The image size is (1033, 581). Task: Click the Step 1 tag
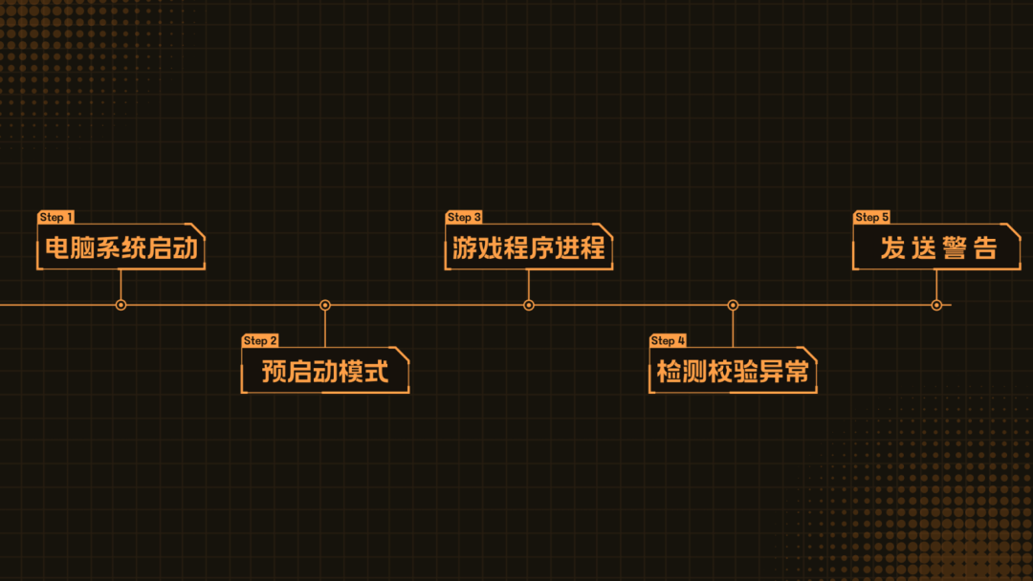click(x=56, y=218)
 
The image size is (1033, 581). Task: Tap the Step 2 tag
click(x=260, y=341)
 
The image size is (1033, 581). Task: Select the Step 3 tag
click(x=464, y=218)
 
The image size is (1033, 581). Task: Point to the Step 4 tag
click(x=668, y=341)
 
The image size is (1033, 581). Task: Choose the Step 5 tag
click(x=871, y=218)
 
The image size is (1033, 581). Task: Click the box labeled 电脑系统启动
click(x=121, y=248)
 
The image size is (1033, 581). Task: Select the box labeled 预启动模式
click(x=325, y=371)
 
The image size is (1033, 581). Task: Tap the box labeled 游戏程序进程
click(x=529, y=248)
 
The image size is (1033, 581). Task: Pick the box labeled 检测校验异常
click(x=733, y=371)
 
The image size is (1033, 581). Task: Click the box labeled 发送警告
click(x=936, y=248)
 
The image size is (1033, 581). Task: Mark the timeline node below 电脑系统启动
click(x=121, y=305)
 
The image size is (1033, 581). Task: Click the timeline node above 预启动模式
click(x=325, y=305)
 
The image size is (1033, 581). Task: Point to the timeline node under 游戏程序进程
click(x=529, y=305)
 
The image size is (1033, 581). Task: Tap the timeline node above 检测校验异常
click(x=733, y=305)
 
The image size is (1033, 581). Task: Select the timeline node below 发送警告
click(x=936, y=305)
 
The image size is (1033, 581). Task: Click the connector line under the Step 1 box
click(x=121, y=284)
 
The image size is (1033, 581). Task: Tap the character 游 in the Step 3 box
click(x=466, y=248)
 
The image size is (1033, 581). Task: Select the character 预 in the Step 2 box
click(x=275, y=371)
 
